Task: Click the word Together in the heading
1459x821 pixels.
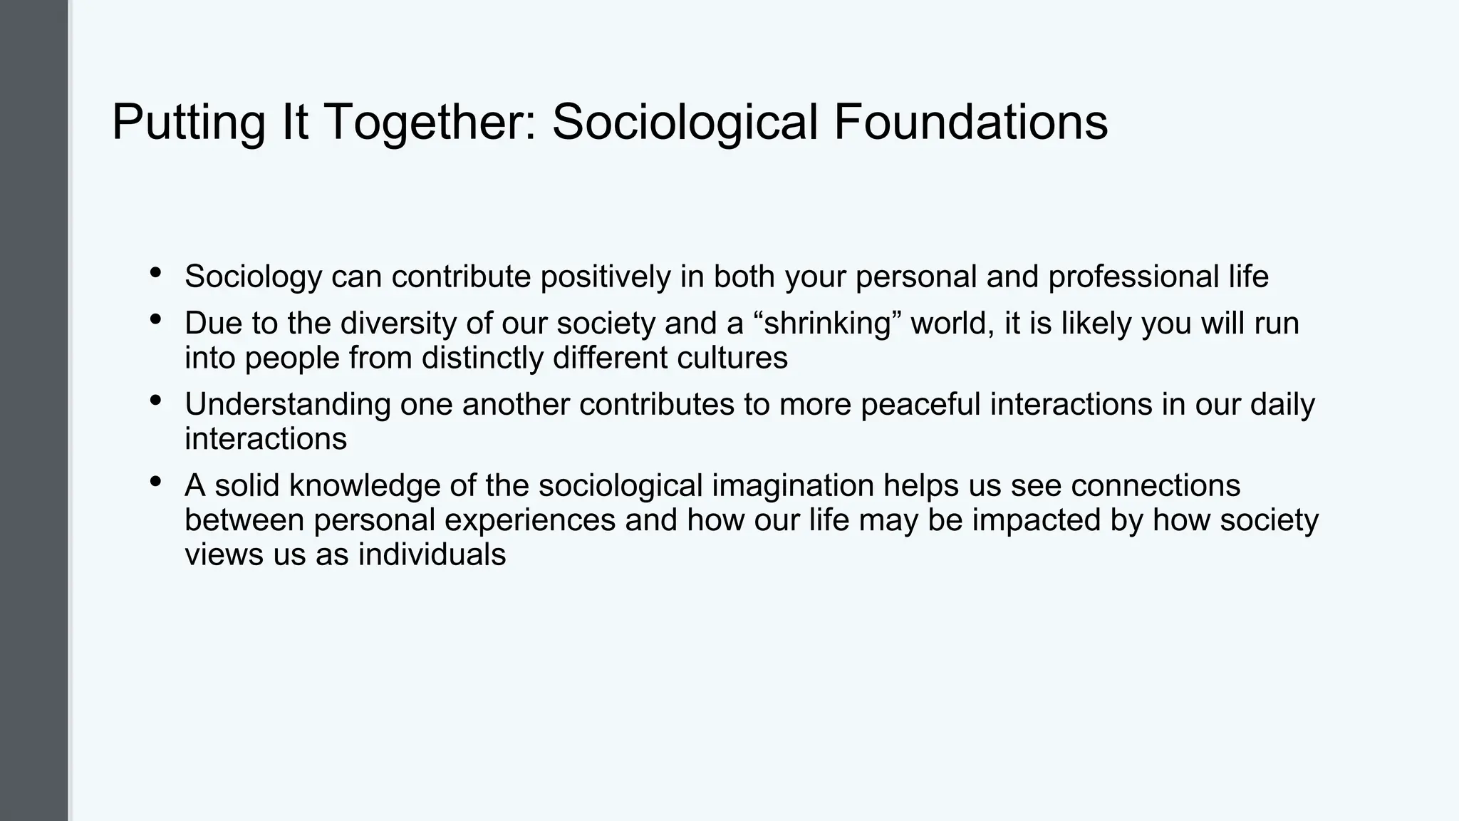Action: pyautogui.click(x=430, y=123)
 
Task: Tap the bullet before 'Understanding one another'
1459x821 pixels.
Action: pyautogui.click(x=155, y=401)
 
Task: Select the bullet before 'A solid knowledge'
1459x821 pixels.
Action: pyautogui.click(x=155, y=482)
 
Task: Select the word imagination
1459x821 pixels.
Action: pyautogui.click(x=793, y=486)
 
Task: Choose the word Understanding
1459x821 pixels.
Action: pyautogui.click(x=288, y=405)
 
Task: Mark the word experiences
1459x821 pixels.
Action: pyautogui.click(x=530, y=520)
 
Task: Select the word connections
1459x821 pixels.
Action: pyautogui.click(x=1156, y=486)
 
